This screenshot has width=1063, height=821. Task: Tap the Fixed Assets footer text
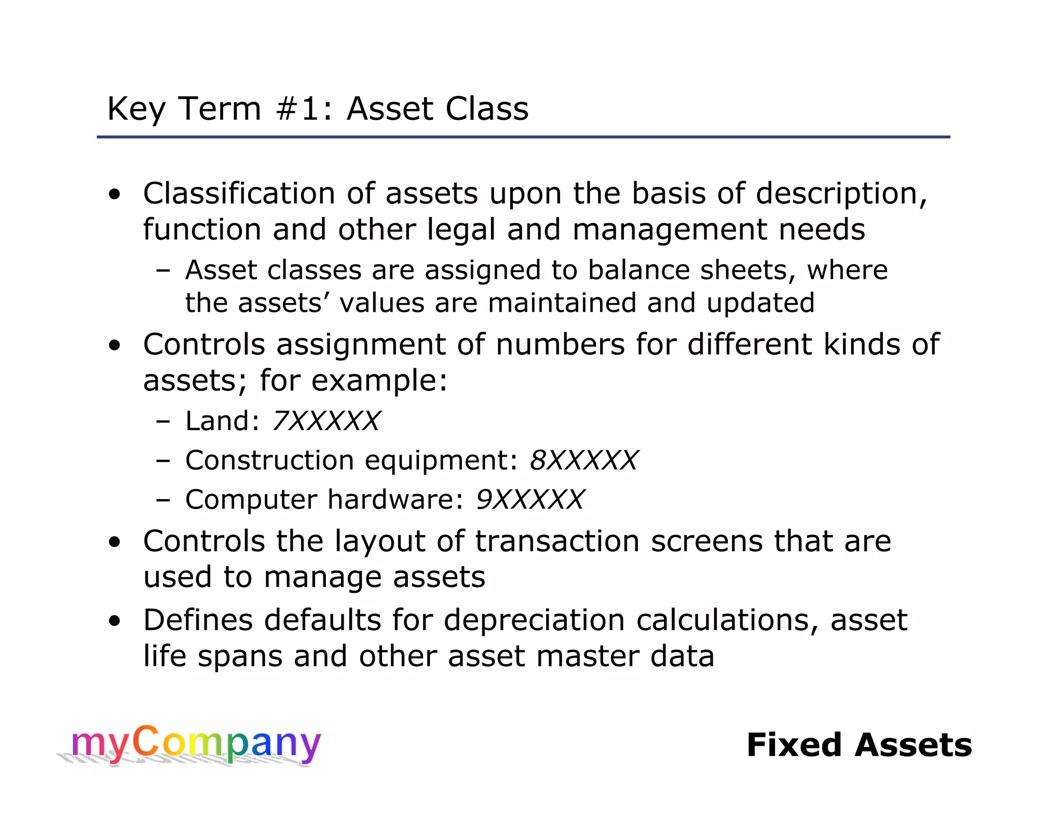point(859,745)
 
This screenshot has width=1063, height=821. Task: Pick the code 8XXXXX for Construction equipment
point(584,460)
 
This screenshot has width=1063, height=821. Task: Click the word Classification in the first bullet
point(239,194)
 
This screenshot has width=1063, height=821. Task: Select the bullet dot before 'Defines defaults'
point(115,621)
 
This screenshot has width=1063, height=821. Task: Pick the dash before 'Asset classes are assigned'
point(163,271)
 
